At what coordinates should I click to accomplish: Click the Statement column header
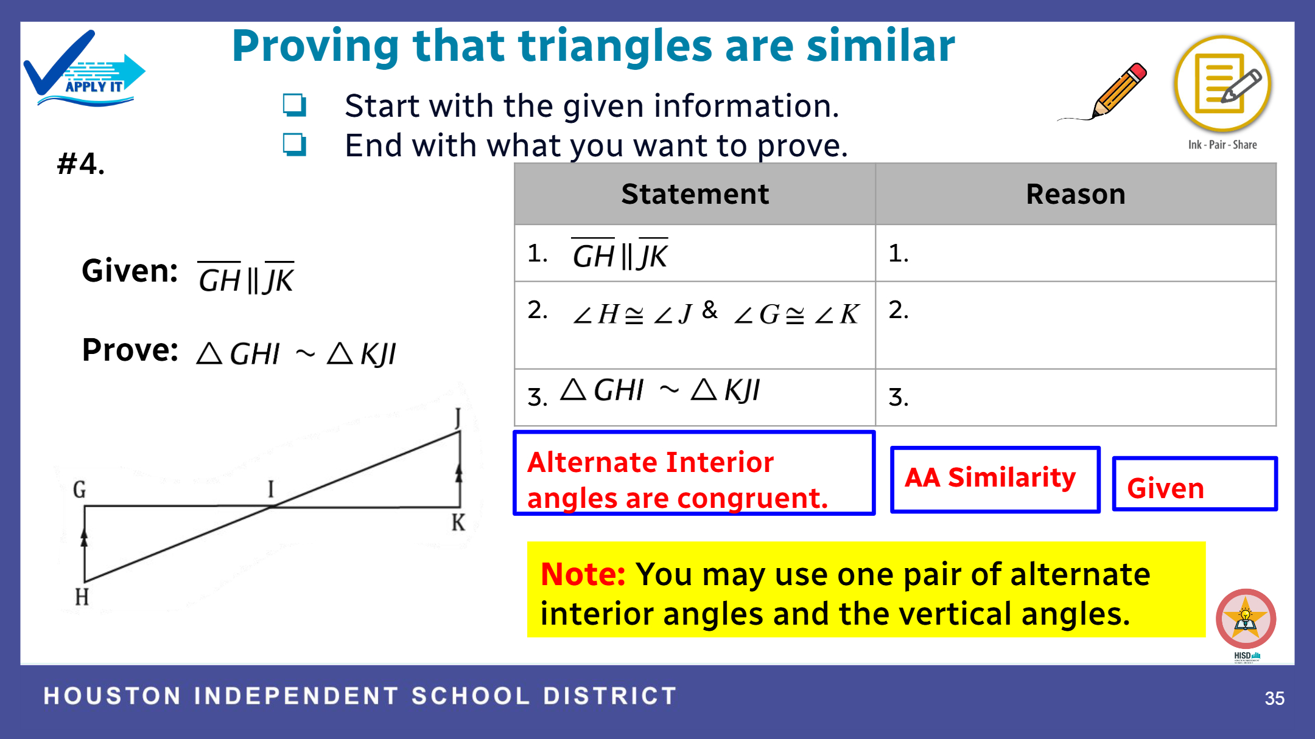point(695,194)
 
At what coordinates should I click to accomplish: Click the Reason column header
point(1076,194)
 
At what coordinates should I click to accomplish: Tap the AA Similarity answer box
point(995,479)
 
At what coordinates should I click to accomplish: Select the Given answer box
point(1194,484)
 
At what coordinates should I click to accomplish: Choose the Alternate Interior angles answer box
point(694,473)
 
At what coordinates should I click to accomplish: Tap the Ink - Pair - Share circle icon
point(1222,84)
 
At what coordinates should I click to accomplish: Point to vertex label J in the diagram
point(458,418)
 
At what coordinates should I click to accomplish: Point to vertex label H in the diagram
point(82,597)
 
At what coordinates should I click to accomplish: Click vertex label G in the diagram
point(80,490)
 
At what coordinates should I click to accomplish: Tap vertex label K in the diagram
point(458,522)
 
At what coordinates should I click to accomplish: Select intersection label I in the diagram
point(271,488)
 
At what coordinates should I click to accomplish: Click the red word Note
point(583,574)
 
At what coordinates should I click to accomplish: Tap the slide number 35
point(1274,698)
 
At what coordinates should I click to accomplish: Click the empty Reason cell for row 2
point(1076,325)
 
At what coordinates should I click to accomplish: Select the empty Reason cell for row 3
point(1076,398)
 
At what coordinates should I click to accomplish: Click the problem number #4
point(81,164)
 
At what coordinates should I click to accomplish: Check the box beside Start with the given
point(295,105)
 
